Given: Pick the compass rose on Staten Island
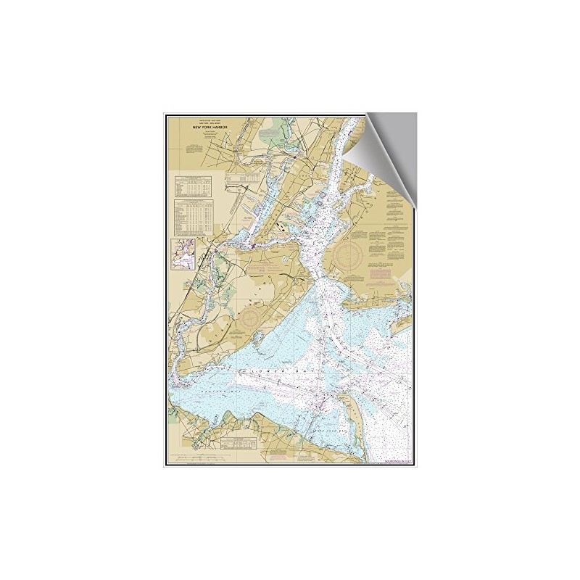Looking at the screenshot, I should tap(253, 316).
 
